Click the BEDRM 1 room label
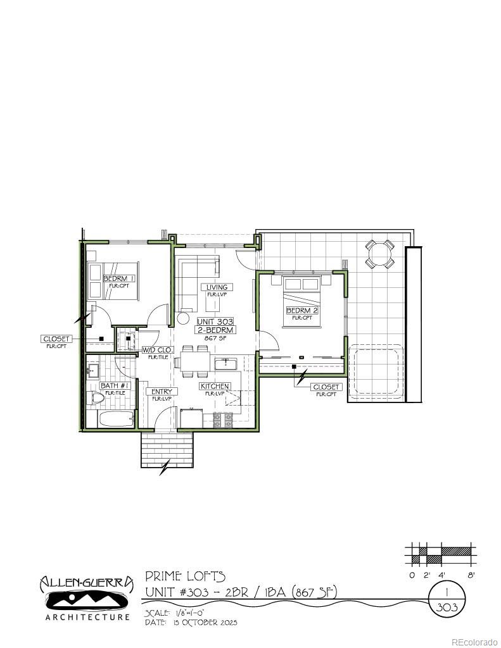click(119, 278)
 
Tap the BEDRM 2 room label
click(301, 311)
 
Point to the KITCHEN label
click(215, 386)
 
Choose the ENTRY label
click(162, 392)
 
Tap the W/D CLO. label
click(156, 349)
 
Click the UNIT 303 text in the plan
click(215, 321)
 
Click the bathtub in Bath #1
click(115, 419)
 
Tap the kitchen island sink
click(226, 364)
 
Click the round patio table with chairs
click(380, 254)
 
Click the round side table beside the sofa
click(184, 320)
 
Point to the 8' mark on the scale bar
click(471, 575)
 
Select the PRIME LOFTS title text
click(185, 576)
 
